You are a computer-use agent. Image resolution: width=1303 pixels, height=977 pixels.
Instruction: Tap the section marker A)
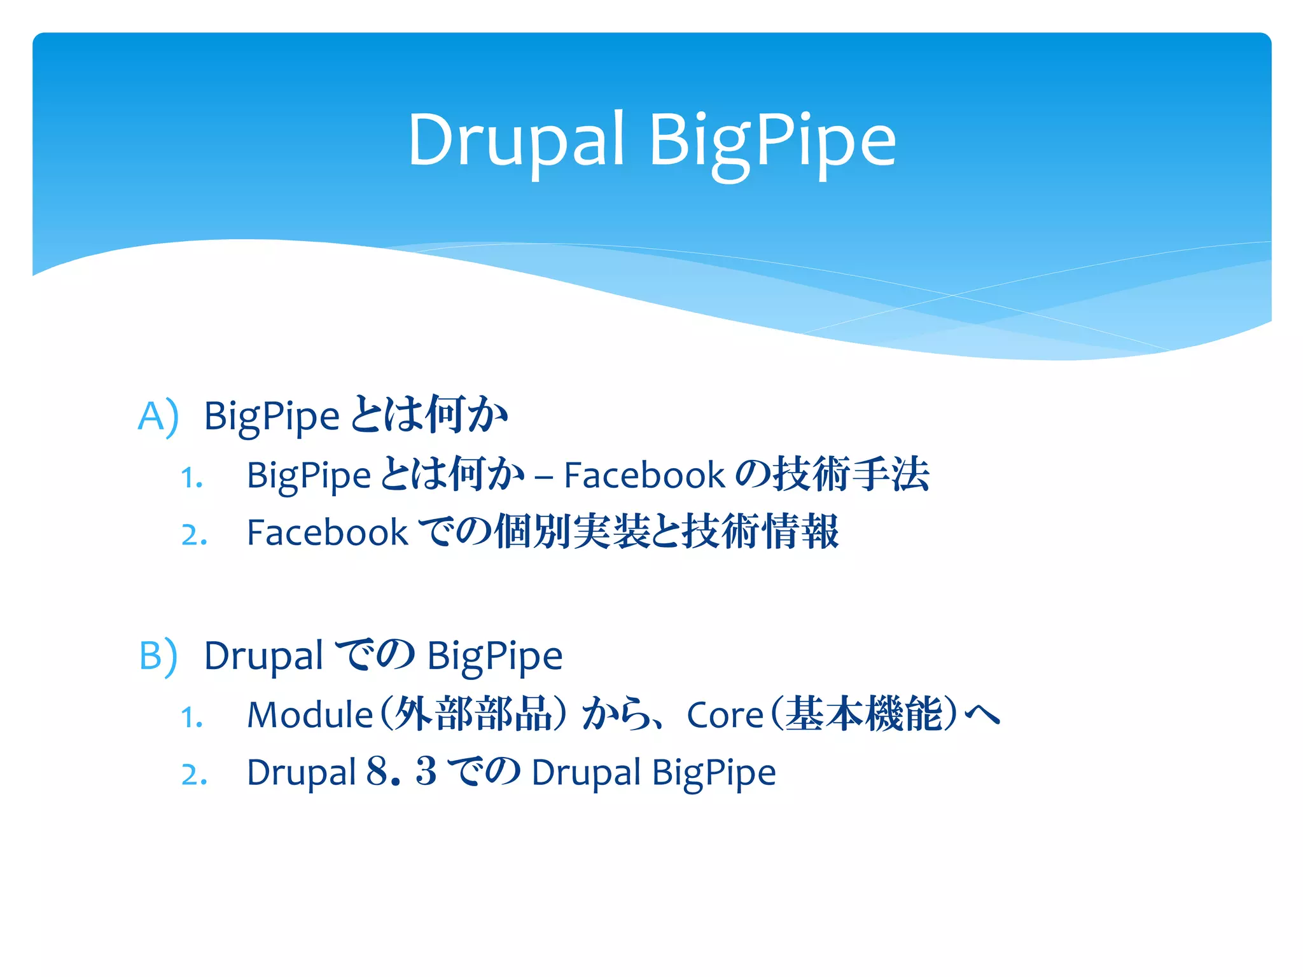pyautogui.click(x=158, y=417)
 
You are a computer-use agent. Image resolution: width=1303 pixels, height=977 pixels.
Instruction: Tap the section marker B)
pyautogui.click(x=158, y=656)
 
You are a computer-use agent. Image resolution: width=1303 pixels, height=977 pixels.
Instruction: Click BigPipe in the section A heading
pyautogui.click(x=272, y=417)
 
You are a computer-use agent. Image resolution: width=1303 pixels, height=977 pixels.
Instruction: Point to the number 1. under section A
pyautogui.click(x=192, y=478)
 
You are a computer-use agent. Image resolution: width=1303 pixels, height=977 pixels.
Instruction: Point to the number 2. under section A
pyautogui.click(x=193, y=535)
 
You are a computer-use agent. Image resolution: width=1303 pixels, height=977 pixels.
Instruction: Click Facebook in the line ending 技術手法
pyautogui.click(x=644, y=476)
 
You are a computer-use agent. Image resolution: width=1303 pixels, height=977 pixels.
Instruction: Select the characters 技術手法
pyautogui.click(x=851, y=475)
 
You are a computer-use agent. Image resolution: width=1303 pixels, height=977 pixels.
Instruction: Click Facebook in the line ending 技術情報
pyautogui.click(x=327, y=533)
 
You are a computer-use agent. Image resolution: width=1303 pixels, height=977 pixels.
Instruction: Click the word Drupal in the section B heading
pyautogui.click(x=263, y=656)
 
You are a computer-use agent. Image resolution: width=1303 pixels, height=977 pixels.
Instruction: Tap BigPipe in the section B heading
pyautogui.click(x=494, y=656)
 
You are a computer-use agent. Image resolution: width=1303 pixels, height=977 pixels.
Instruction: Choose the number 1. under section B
pyautogui.click(x=192, y=718)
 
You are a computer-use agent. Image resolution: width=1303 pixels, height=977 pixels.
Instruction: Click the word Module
pyautogui.click(x=310, y=715)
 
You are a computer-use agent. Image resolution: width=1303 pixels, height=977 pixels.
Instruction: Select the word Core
pyautogui.click(x=725, y=716)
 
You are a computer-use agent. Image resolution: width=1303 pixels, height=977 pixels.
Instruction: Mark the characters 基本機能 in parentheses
pyautogui.click(x=863, y=714)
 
